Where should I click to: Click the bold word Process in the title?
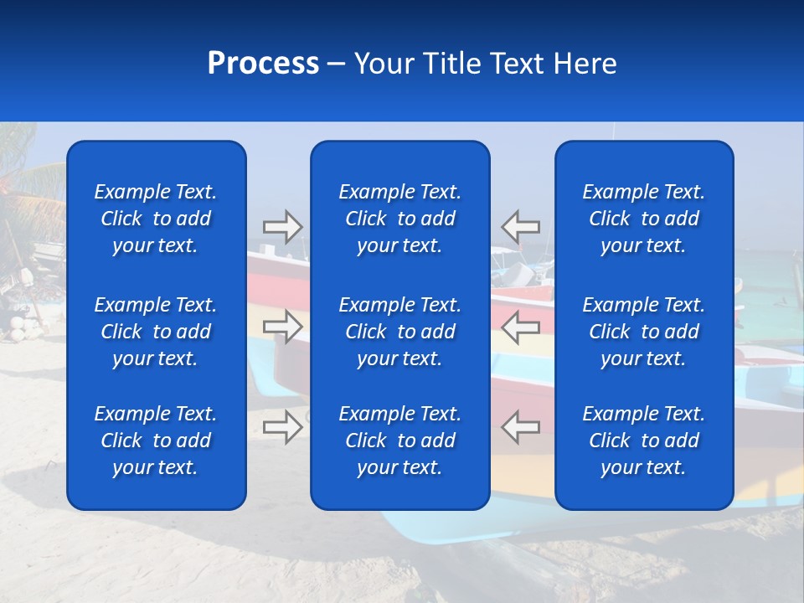click(263, 64)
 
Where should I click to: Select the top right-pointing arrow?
click(283, 227)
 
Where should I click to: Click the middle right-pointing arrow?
click(283, 326)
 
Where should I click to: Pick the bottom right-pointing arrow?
click(283, 426)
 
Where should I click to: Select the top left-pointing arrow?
click(520, 227)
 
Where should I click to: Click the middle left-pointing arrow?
click(520, 326)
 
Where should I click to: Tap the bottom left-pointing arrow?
click(520, 426)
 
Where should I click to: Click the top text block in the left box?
click(156, 219)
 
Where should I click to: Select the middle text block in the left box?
click(156, 332)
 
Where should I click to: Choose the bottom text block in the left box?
click(156, 441)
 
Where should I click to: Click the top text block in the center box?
click(400, 219)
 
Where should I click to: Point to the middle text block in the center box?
click(400, 332)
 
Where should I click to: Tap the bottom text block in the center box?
click(400, 441)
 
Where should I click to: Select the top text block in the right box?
click(644, 219)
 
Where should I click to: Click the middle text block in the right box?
click(644, 332)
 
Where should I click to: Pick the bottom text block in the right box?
click(644, 441)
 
